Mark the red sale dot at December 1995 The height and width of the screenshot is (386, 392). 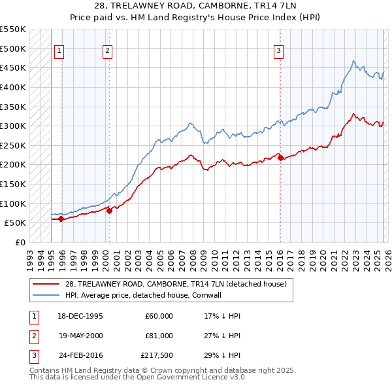point(61,219)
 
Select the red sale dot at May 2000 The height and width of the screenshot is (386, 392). point(109,211)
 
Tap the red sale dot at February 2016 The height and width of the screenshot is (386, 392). point(280,158)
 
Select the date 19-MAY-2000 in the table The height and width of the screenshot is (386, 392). point(80,335)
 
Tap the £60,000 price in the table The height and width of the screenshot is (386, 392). point(159,316)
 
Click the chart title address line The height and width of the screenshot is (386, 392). point(196,6)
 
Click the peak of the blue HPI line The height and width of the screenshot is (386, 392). point(353,61)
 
